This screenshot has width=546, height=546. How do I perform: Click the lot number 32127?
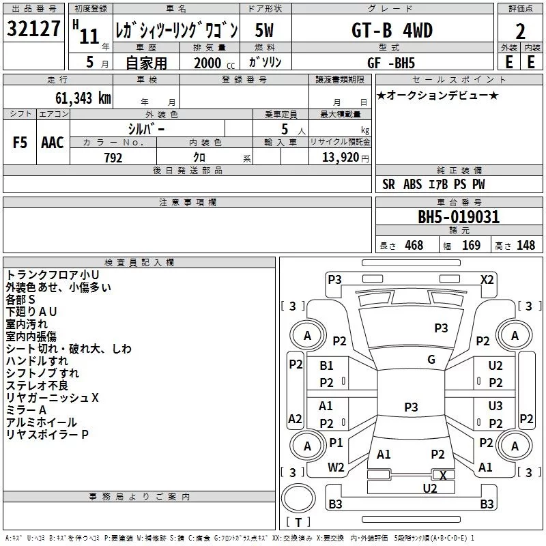click(33, 29)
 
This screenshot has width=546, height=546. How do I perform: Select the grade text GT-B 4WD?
click(392, 30)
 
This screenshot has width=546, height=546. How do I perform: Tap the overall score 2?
click(520, 31)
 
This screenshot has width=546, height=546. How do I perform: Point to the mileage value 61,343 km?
click(83, 98)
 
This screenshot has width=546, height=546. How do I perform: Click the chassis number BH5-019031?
click(459, 217)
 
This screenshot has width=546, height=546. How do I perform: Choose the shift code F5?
click(20, 143)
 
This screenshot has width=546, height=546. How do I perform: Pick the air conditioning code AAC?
click(53, 143)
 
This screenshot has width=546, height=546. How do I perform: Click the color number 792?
click(113, 158)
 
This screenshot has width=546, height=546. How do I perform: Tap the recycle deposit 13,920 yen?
click(345, 158)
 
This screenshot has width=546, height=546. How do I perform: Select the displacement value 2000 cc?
click(214, 63)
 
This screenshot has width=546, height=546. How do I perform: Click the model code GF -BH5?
click(391, 63)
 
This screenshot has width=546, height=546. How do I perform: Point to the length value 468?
click(414, 245)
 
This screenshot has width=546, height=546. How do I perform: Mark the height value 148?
click(526, 245)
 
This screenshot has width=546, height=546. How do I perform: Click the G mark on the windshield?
click(431, 360)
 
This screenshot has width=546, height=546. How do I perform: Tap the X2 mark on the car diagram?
click(487, 280)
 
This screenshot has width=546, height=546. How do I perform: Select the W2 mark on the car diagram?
click(336, 468)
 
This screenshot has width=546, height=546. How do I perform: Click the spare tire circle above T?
click(298, 498)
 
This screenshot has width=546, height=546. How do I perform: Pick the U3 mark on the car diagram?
click(495, 405)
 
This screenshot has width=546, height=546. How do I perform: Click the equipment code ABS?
click(413, 184)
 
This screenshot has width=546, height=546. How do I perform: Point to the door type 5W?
click(264, 30)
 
